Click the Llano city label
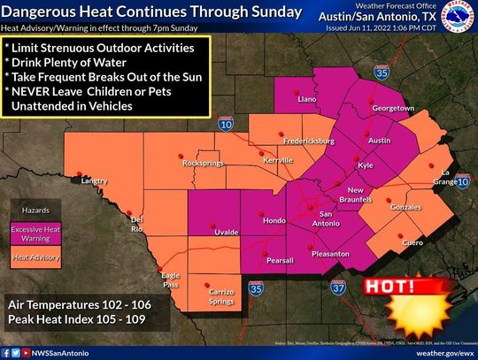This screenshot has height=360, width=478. pyautogui.click(x=307, y=103)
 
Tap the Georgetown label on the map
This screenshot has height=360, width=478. pyautogui.click(x=392, y=109)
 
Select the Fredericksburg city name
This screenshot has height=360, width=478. pyautogui.click(x=307, y=142)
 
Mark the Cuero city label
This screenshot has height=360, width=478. pyautogui.click(x=412, y=241)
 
